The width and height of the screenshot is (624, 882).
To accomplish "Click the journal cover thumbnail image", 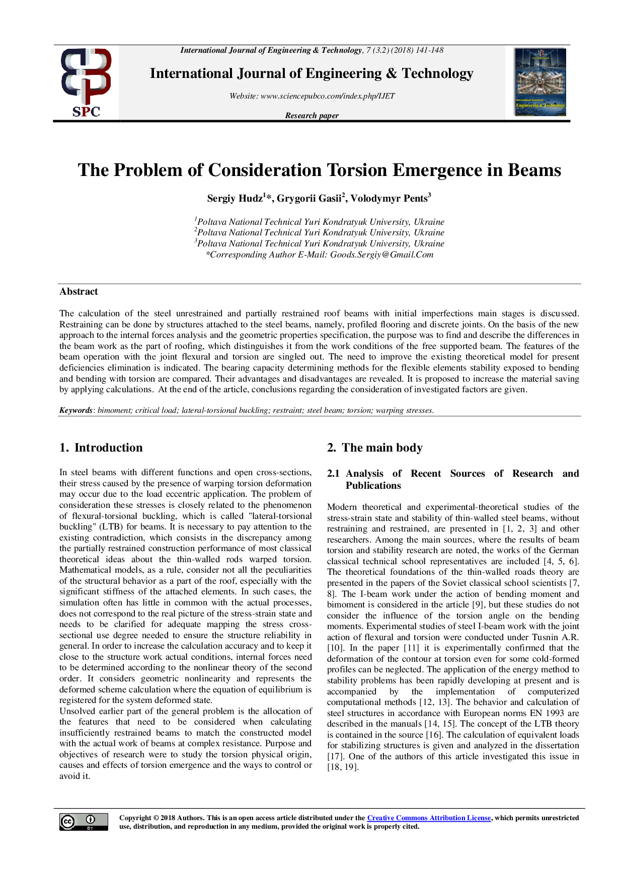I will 540,82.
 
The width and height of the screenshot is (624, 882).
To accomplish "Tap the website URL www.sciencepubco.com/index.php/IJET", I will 328,96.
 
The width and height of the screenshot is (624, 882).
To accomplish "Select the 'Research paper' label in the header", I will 311,116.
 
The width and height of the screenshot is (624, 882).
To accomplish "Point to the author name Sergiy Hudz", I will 235,199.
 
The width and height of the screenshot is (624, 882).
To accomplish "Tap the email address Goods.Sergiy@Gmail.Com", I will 381,255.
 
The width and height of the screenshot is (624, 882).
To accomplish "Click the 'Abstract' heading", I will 79,292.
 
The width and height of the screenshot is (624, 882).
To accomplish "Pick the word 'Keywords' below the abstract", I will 75,410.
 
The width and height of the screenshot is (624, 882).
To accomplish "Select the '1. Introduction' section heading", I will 101,448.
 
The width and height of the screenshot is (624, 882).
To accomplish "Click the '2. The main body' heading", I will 375,448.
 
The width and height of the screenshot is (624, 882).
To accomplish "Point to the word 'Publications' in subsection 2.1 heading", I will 373,486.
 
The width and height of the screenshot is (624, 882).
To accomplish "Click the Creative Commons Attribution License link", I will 429,818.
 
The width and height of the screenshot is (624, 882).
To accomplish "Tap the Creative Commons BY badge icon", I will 84,822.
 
